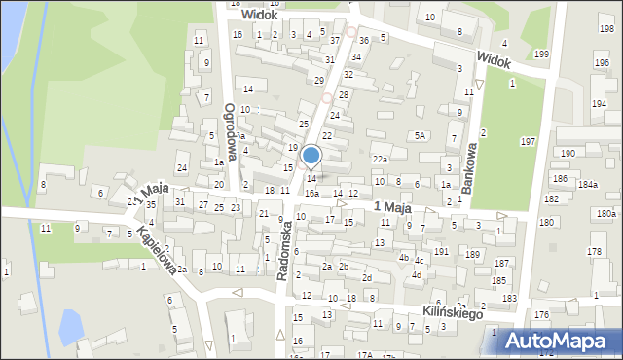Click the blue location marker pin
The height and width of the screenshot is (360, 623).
click(x=311, y=156)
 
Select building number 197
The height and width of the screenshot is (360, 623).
click(x=528, y=142)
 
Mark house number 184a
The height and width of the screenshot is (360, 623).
click(x=587, y=184)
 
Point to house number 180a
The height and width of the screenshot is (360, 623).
click(x=606, y=213)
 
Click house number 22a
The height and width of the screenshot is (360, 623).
click(x=380, y=159)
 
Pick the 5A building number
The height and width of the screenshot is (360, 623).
click(x=421, y=136)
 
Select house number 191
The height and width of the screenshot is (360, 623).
click(x=441, y=251)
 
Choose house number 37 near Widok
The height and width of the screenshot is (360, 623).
click(x=335, y=40)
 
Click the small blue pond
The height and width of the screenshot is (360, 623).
click(x=71, y=324)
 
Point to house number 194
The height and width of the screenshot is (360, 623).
click(x=598, y=103)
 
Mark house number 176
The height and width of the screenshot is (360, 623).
click(x=541, y=315)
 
